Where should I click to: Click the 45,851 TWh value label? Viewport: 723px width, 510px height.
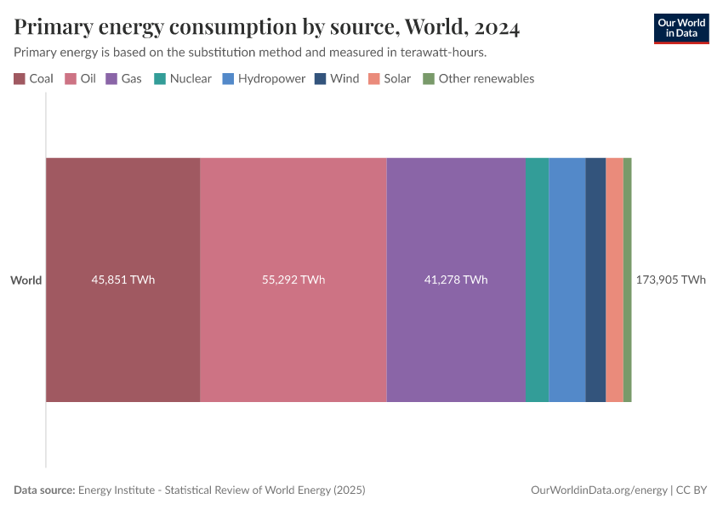pyautogui.click(x=122, y=280)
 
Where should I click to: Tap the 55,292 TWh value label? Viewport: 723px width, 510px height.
pyautogui.click(x=293, y=280)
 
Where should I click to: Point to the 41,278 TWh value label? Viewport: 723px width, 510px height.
pyautogui.click(x=455, y=280)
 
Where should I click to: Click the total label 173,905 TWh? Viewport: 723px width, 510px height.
pyautogui.click(x=670, y=280)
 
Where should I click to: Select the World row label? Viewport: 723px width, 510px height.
pyautogui.click(x=26, y=280)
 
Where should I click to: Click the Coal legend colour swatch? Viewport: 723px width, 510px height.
pyautogui.click(x=20, y=79)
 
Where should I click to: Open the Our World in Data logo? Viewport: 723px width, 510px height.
pyautogui.click(x=681, y=28)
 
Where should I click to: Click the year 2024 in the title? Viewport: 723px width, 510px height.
pyautogui.click(x=493, y=27)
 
